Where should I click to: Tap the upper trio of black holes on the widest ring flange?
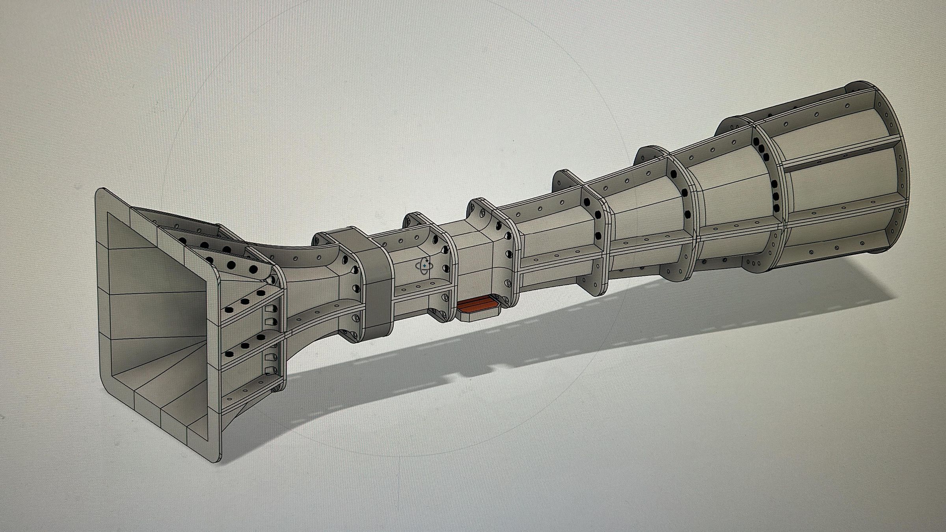[x=759, y=148]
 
